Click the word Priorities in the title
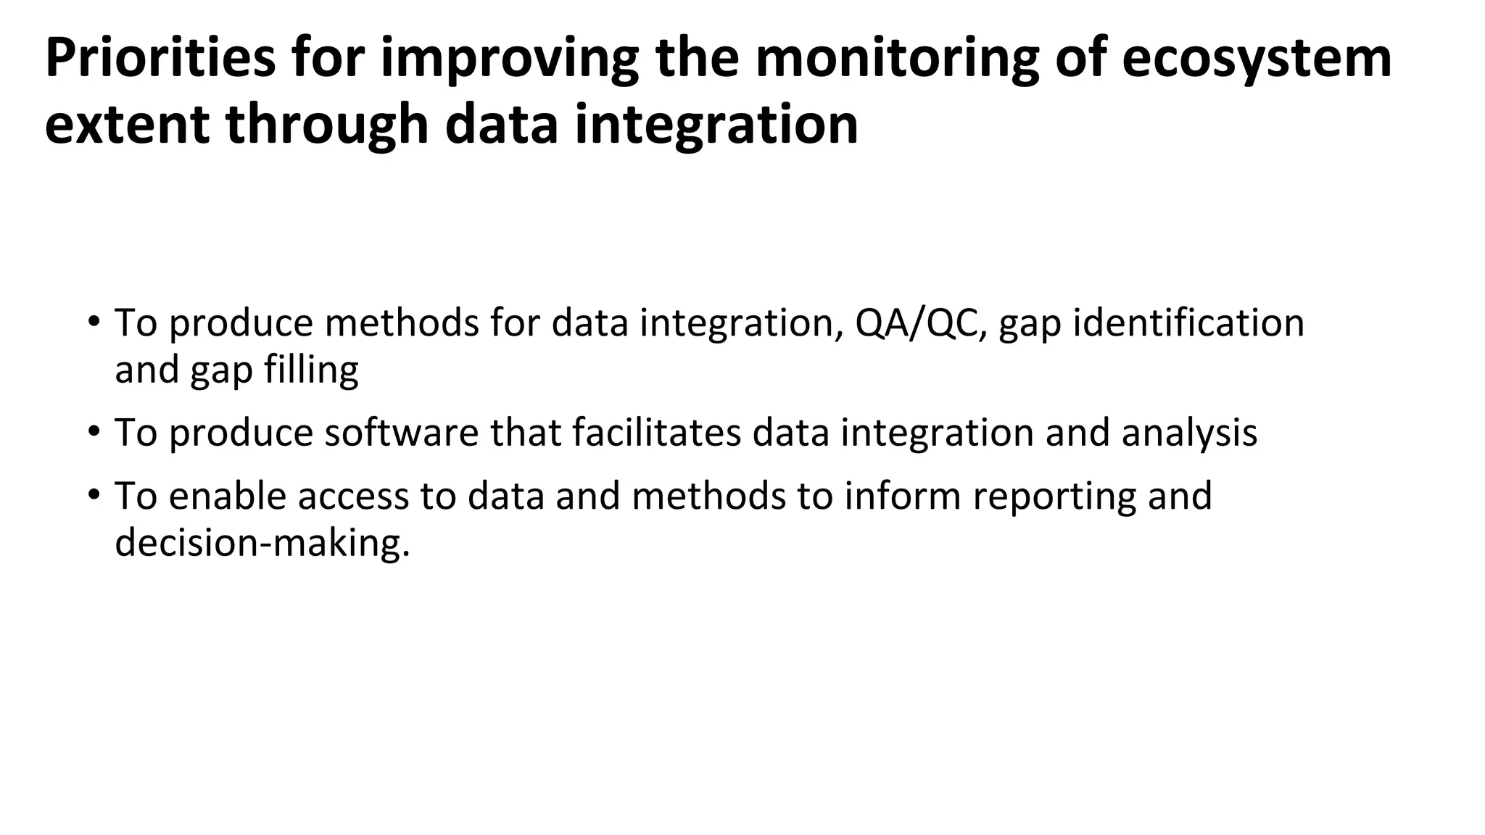[160, 58]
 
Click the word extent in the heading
[128, 124]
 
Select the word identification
[1188, 323]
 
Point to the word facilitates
[656, 433]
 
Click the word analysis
[1189, 433]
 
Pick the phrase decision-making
[262, 543]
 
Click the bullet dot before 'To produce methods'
[93, 321]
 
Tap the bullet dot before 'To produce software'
[93, 431]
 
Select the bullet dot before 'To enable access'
[93, 495]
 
